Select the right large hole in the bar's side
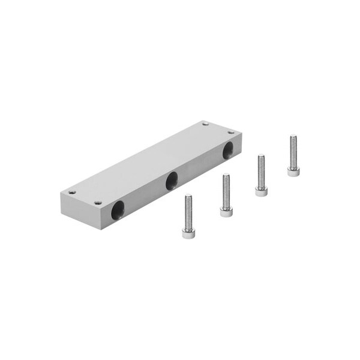click(229, 149)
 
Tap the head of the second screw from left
click(226, 212)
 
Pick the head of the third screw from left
click(261, 191)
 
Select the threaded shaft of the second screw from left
click(226, 191)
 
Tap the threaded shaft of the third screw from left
click(261, 171)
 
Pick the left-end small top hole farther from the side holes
click(72, 192)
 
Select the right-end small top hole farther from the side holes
click(205, 124)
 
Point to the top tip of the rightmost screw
click(292, 137)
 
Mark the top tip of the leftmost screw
click(187, 195)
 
